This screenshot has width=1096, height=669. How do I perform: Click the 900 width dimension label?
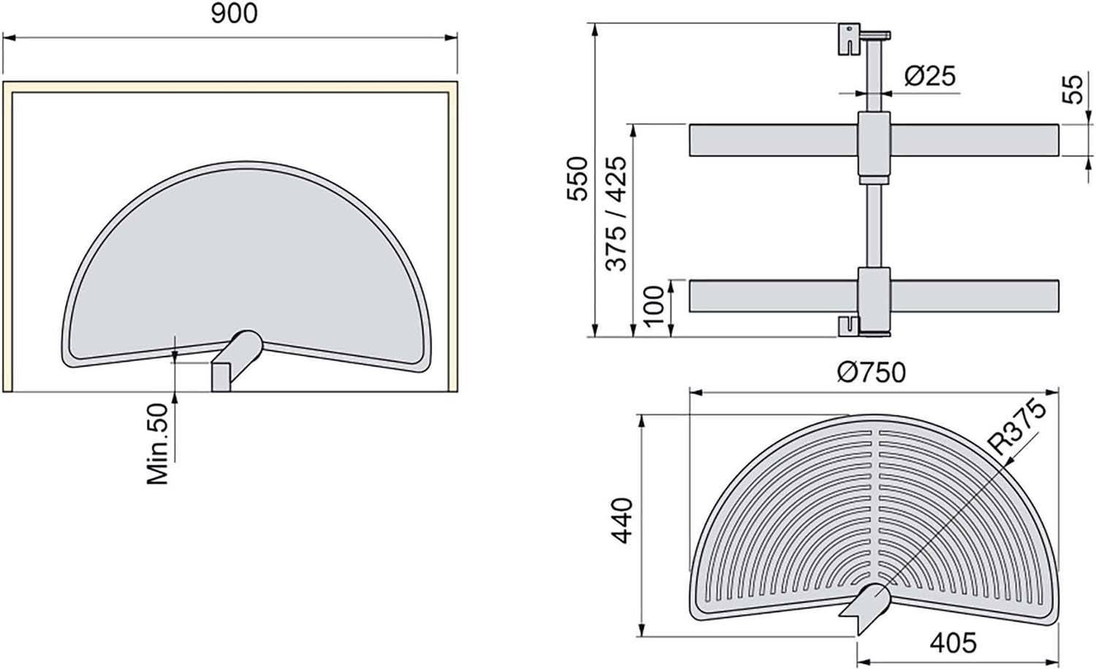pyautogui.click(x=234, y=14)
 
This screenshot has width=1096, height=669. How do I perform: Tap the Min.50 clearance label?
pyautogui.click(x=158, y=443)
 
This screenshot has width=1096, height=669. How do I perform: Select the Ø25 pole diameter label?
pyautogui.click(x=929, y=76)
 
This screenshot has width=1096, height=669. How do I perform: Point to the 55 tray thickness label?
pyautogui.click(x=1073, y=90)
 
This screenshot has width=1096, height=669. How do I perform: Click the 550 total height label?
pyautogui.click(x=577, y=178)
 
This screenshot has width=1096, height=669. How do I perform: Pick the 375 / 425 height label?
pyautogui.click(x=615, y=214)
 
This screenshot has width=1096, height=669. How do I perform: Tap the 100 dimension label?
pyautogui.click(x=654, y=306)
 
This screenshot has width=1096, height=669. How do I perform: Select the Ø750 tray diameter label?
pyautogui.click(x=871, y=372)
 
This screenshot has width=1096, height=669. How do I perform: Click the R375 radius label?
pyautogui.click(x=1017, y=427)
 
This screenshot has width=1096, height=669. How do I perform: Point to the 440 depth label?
pyautogui.click(x=622, y=520)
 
